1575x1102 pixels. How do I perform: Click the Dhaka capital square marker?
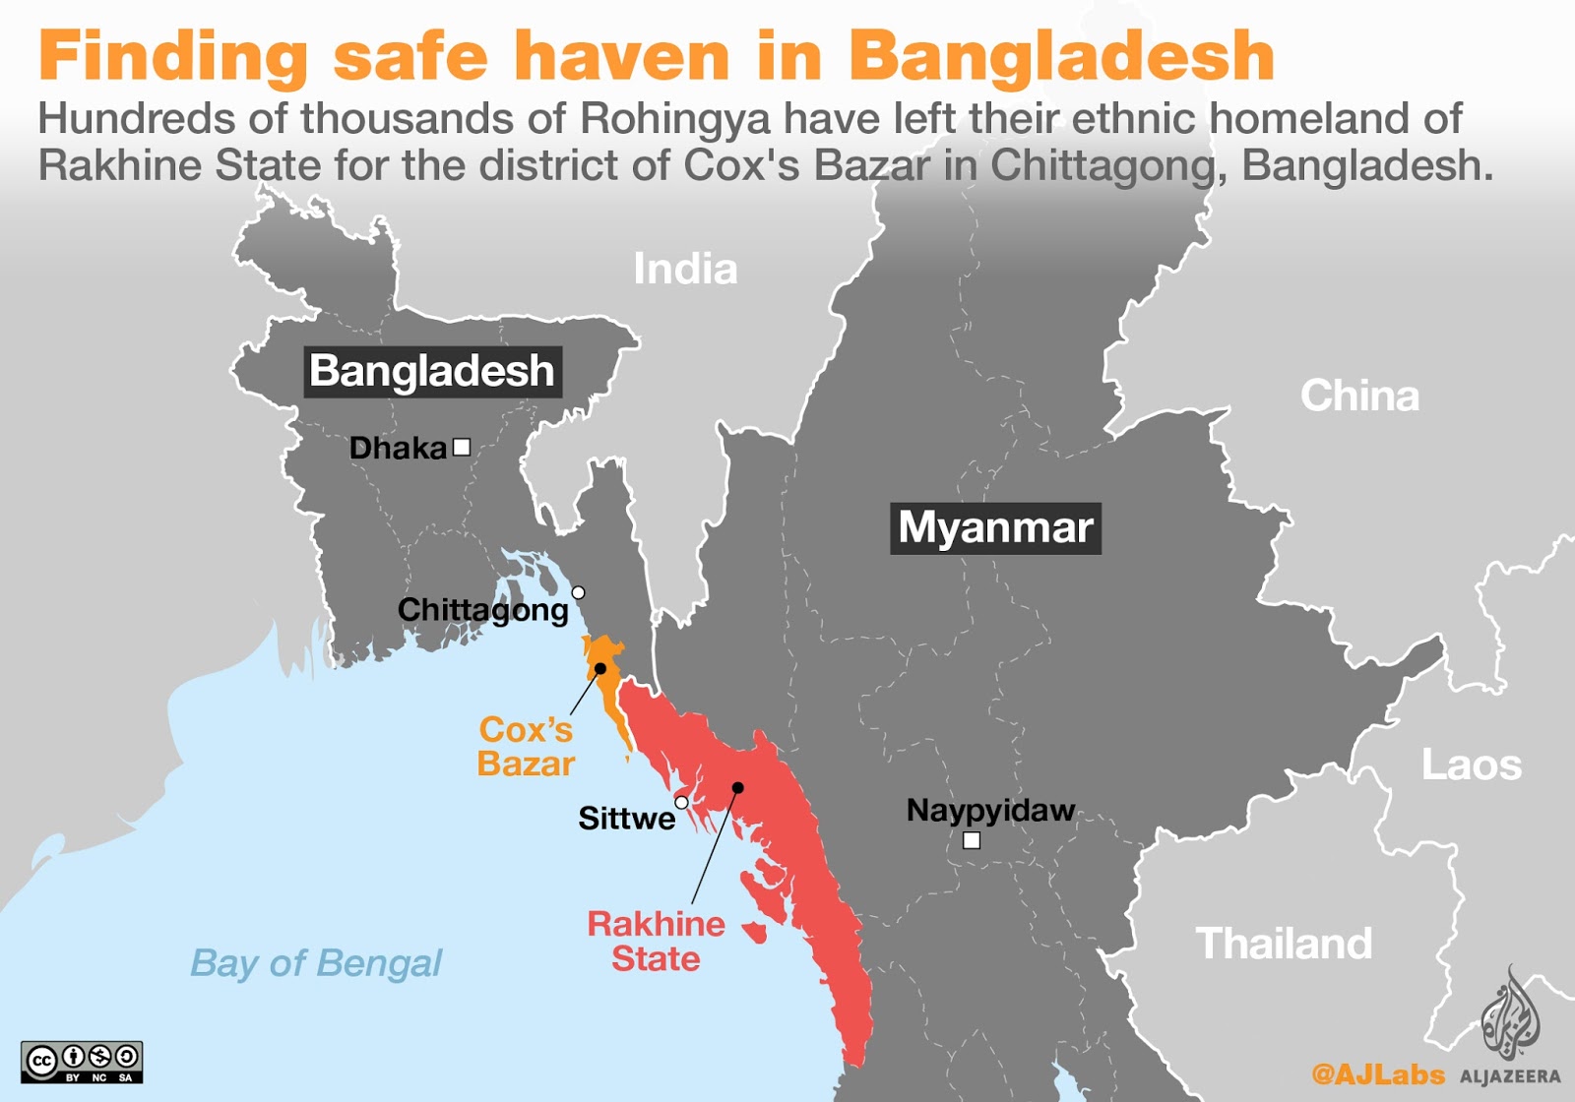(x=461, y=448)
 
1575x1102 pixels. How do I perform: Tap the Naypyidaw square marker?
(x=972, y=840)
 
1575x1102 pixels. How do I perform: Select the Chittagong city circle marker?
(x=579, y=592)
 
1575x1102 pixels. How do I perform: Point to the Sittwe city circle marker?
(x=681, y=803)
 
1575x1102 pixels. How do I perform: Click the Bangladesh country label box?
(x=432, y=372)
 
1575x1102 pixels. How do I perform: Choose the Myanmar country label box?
(x=995, y=528)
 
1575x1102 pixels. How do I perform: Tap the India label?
(x=685, y=270)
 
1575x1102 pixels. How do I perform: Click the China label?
(x=1359, y=397)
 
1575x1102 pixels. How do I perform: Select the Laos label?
(x=1471, y=765)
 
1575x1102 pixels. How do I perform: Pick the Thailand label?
(x=1284, y=944)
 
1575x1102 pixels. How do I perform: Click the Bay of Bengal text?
(x=316, y=963)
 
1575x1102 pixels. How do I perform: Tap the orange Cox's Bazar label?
(x=526, y=747)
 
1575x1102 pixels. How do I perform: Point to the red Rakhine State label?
(x=656, y=942)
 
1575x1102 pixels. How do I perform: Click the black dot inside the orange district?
(x=600, y=668)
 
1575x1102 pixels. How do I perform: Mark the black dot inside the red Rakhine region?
(x=738, y=787)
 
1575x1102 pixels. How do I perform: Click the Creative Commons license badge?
(x=82, y=1062)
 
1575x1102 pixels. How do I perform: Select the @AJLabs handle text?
(x=1377, y=1074)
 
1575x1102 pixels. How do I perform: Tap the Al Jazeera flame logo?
(x=1510, y=1013)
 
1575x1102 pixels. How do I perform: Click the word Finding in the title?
(x=173, y=57)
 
